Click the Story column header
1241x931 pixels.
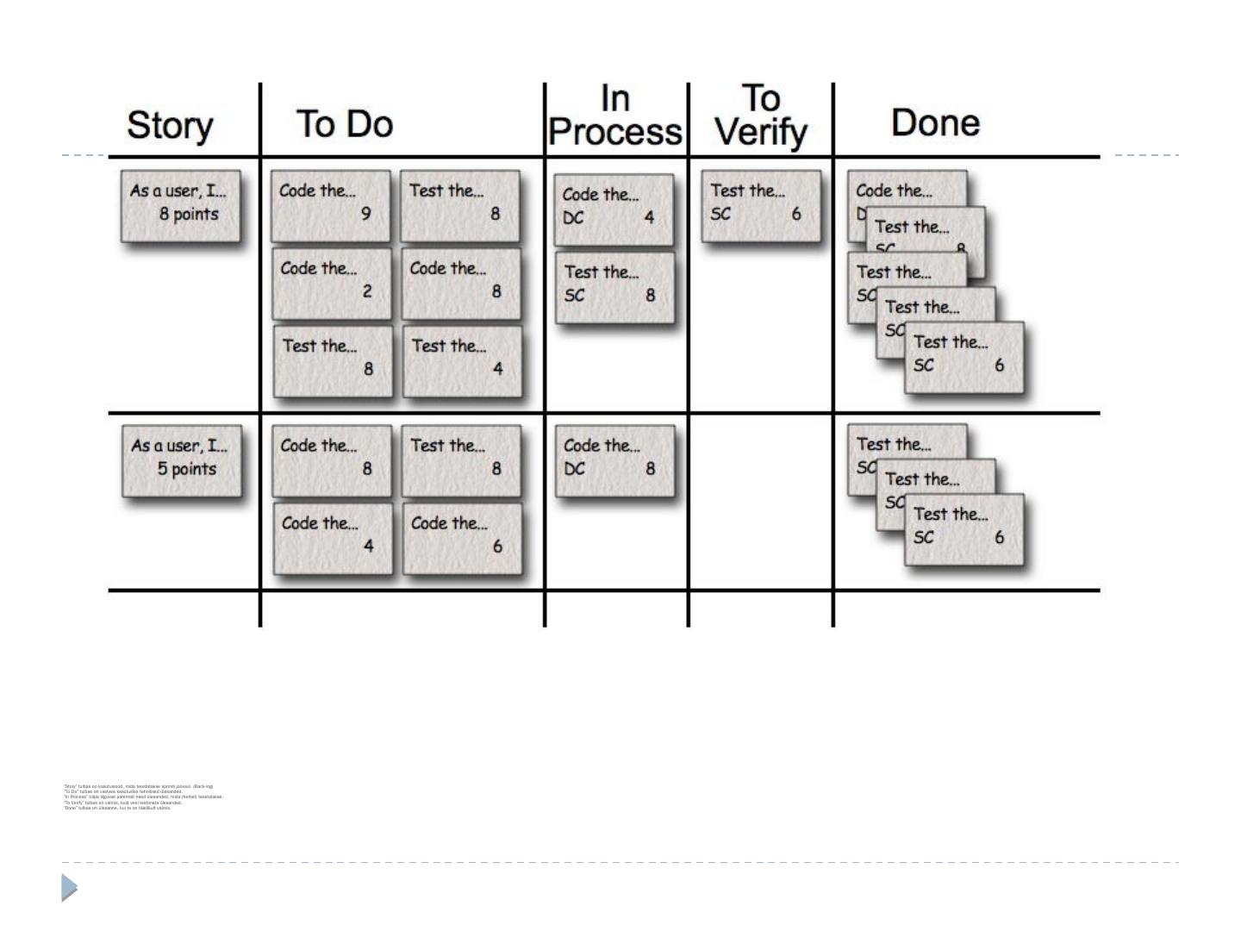[170, 126]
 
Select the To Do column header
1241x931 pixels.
[345, 124]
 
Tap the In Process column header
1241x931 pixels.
[615, 116]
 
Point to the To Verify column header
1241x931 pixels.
[761, 116]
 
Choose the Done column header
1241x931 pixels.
[935, 122]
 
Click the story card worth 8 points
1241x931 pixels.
[181, 205]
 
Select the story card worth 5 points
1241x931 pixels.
[182, 459]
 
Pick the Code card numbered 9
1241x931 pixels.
[331, 205]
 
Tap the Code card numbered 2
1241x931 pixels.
[332, 283]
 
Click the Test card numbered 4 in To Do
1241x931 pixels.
[462, 360]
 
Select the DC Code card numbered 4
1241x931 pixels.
[614, 209]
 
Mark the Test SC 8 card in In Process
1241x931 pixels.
[614, 286]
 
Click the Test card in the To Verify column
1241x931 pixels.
[760, 205]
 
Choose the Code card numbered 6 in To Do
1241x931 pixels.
[462, 538]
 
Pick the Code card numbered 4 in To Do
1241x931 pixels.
[333, 538]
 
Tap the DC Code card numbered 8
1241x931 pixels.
[614, 460]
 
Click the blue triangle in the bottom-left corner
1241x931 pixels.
[69, 887]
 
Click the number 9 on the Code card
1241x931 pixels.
[366, 213]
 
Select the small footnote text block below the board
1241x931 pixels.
[143, 797]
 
